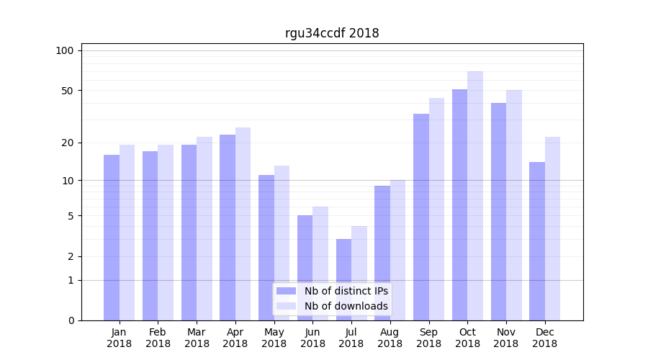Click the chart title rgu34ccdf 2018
click(x=331, y=33)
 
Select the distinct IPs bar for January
click(x=112, y=238)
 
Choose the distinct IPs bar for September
click(x=421, y=217)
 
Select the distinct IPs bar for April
click(x=228, y=228)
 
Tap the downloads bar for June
click(x=320, y=264)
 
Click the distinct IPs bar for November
click(x=498, y=212)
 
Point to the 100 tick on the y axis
click(x=65, y=50)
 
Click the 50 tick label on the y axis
click(x=67, y=91)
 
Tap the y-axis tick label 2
click(x=71, y=256)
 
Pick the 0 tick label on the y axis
click(x=71, y=320)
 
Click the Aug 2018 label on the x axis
click(x=390, y=338)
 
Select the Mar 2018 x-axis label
click(x=197, y=338)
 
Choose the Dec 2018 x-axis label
click(x=544, y=338)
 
